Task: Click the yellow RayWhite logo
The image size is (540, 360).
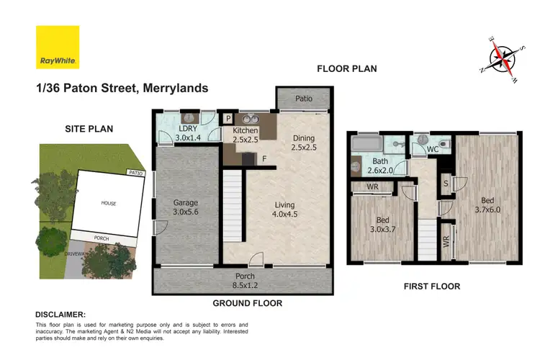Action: click(x=58, y=48)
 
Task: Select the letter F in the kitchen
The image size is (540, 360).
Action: click(x=264, y=158)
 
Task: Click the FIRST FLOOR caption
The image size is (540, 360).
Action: click(x=432, y=287)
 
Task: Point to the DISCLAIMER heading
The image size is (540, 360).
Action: click(x=60, y=315)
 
